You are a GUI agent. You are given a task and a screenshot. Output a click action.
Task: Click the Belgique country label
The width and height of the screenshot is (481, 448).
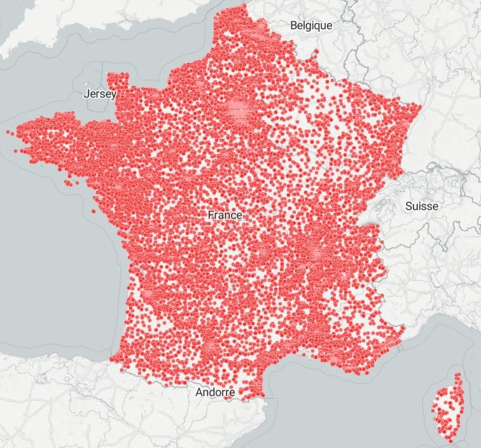click(x=311, y=26)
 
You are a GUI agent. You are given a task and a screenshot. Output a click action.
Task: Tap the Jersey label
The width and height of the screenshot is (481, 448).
click(x=100, y=94)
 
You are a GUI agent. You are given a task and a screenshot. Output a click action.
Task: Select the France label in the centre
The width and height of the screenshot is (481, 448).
click(x=225, y=215)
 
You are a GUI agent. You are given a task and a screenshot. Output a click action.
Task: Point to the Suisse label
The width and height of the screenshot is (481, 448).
click(x=421, y=206)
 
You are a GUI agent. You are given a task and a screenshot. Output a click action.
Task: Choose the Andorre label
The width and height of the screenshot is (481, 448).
click(x=215, y=393)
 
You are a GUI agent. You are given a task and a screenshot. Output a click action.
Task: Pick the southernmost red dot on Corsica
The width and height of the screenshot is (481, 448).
click(x=449, y=440)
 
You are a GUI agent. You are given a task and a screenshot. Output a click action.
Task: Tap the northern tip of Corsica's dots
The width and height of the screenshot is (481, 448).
click(x=457, y=375)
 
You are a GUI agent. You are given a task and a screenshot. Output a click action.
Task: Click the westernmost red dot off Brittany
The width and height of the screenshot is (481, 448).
click(x=8, y=132)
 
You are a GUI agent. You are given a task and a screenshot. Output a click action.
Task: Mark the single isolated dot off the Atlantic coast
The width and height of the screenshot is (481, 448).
click(x=94, y=211)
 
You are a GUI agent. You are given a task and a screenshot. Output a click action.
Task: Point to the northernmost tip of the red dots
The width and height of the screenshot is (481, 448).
click(x=242, y=6)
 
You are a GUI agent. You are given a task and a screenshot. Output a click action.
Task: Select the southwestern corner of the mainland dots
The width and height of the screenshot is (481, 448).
click(x=112, y=359)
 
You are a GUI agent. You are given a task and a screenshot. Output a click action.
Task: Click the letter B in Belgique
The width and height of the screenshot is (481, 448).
click(x=293, y=26)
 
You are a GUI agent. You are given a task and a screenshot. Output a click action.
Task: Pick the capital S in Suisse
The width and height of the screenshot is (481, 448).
click(x=408, y=206)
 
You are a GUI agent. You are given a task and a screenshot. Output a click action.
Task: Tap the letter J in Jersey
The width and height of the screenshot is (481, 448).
click(x=87, y=94)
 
